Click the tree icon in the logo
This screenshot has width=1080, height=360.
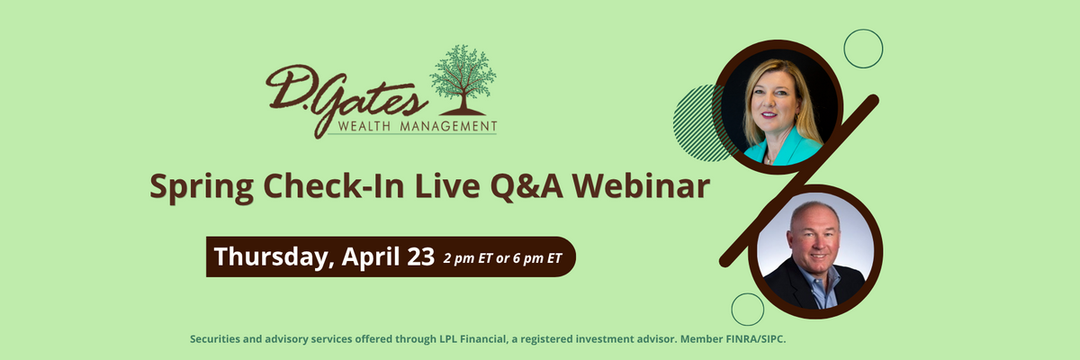pyautogui.click(x=463, y=80)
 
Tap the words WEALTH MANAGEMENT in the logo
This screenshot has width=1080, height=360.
pyautogui.click(x=418, y=127)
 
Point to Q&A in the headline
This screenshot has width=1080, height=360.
pyautogui.click(x=526, y=186)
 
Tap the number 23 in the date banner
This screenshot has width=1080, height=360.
pyautogui.click(x=421, y=256)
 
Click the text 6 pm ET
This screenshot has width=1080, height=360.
pyautogui.click(x=537, y=258)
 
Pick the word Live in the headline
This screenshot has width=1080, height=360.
pyautogui.click(x=447, y=185)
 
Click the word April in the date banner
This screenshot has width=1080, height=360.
pyautogui.click(x=371, y=257)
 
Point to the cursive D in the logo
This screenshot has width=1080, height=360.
pyautogui.click(x=289, y=86)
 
